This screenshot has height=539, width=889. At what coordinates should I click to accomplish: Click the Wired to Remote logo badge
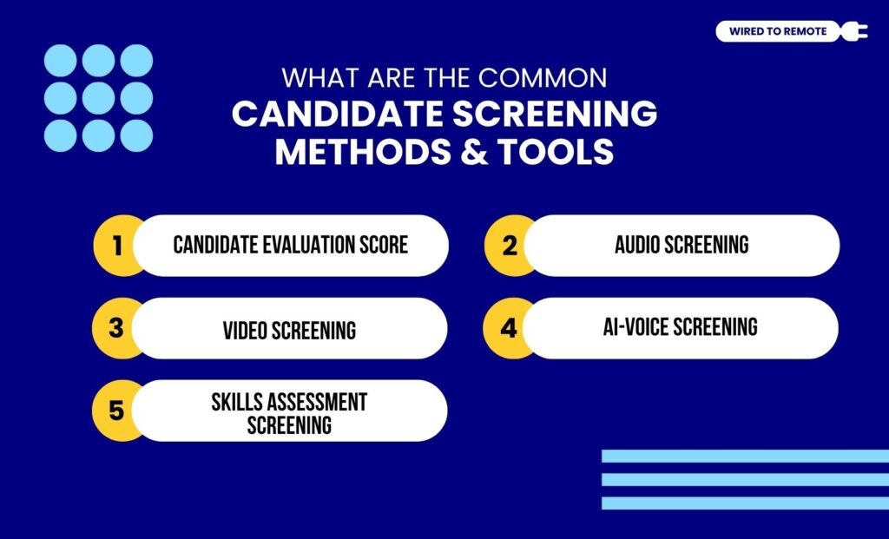click(778, 32)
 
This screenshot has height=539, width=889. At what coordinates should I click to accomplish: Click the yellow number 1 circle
click(116, 246)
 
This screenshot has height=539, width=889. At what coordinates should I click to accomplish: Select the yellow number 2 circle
click(509, 246)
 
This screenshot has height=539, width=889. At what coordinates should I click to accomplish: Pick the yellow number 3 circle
click(116, 328)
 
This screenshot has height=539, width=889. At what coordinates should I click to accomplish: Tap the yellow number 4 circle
click(509, 328)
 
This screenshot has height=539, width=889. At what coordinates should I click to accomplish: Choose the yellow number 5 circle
click(116, 411)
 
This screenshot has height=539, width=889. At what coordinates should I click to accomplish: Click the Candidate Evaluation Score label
click(290, 245)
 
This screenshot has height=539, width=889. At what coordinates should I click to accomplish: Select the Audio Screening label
click(682, 245)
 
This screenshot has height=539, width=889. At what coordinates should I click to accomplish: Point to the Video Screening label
click(289, 330)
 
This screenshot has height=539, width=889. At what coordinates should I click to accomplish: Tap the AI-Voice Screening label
click(681, 326)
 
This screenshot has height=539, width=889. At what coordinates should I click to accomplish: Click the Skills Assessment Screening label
click(289, 413)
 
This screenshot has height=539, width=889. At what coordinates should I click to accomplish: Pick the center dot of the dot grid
click(98, 98)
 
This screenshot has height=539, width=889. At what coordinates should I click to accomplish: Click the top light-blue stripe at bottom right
click(745, 456)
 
